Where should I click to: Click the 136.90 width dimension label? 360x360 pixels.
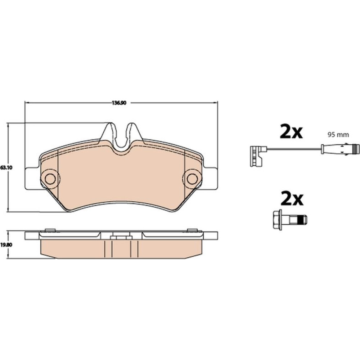(x=119, y=103)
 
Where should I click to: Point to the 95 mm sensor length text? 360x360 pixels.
(x=338, y=135)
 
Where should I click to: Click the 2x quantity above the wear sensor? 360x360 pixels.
(x=291, y=131)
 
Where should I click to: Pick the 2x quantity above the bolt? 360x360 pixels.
(x=292, y=198)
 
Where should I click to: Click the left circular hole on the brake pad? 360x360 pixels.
(x=50, y=179)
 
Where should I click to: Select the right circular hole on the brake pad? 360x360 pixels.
(x=192, y=179)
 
